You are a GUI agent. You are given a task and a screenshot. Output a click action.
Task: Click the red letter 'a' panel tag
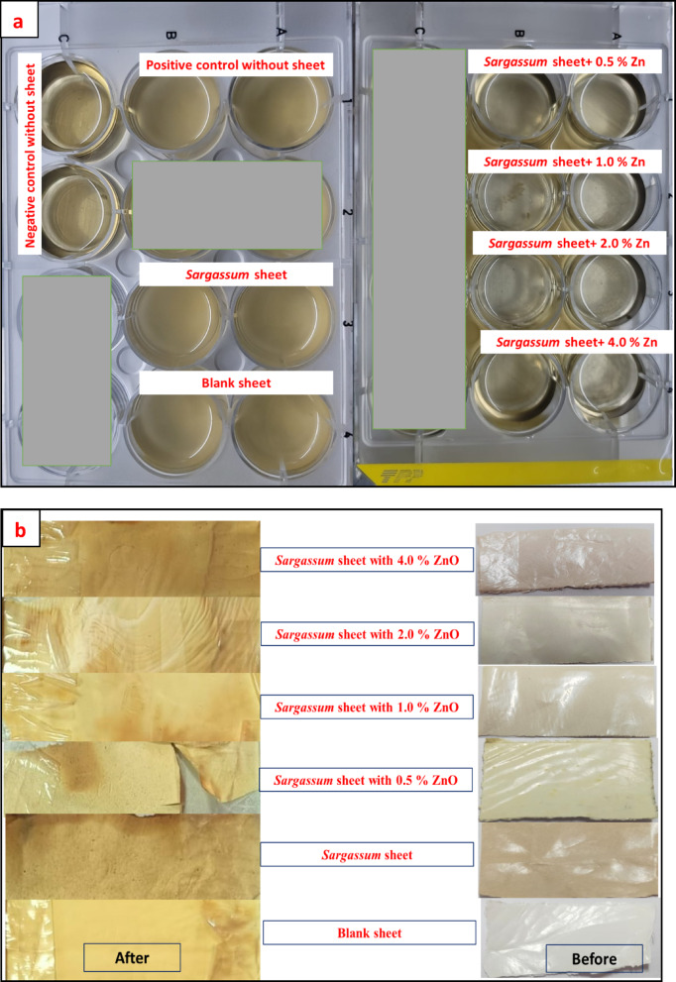(x=19, y=21)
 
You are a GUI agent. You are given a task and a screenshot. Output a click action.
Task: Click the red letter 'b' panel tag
(x=21, y=530)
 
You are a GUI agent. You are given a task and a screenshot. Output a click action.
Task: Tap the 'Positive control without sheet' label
(x=236, y=64)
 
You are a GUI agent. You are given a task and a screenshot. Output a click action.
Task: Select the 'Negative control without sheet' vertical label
(x=30, y=155)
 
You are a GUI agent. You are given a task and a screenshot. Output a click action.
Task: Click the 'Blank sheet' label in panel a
(x=236, y=382)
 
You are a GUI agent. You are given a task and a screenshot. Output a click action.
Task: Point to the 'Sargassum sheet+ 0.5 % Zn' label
(x=564, y=61)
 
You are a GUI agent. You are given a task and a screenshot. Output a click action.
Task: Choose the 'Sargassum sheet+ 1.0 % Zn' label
(x=564, y=162)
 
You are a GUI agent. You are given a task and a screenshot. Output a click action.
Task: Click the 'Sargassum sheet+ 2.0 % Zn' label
(x=569, y=243)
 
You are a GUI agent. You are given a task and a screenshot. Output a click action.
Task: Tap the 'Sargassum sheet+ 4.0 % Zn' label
(x=577, y=342)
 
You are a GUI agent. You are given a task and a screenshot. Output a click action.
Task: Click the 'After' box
(x=132, y=957)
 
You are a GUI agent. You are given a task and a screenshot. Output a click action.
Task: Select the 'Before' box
(x=594, y=959)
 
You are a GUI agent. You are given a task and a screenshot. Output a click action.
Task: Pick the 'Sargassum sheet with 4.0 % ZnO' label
(x=367, y=560)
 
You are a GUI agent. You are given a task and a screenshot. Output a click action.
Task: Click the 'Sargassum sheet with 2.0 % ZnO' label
(x=367, y=634)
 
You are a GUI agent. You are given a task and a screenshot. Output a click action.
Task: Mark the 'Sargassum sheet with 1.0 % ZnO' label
(x=367, y=708)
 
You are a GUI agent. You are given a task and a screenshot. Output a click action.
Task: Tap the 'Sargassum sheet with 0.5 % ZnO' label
(x=365, y=780)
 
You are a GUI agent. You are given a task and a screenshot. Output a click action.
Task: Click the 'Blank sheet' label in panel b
(x=369, y=932)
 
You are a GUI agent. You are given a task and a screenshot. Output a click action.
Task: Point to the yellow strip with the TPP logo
(x=513, y=473)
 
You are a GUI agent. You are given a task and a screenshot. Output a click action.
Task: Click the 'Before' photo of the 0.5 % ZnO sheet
(x=568, y=780)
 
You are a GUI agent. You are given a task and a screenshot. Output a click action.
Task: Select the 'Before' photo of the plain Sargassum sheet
(x=568, y=859)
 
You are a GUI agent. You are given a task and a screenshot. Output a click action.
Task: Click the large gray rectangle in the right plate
(x=419, y=239)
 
